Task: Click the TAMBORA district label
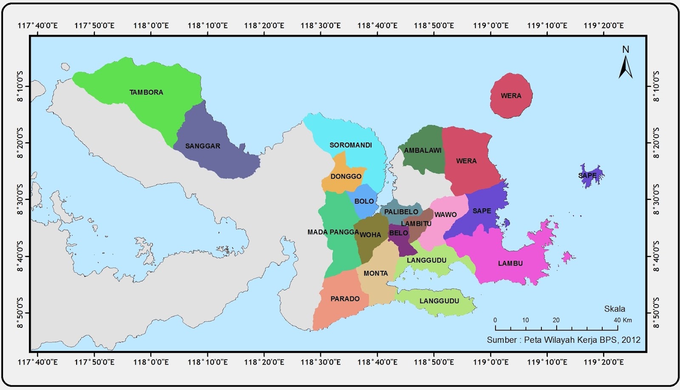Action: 146,92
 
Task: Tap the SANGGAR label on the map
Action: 203,146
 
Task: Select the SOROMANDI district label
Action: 351,145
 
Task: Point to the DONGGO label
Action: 346,176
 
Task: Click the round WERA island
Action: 511,96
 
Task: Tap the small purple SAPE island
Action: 589,176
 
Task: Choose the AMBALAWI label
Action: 422,151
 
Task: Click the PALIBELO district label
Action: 401,212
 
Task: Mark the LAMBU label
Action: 510,263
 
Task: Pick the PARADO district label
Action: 345,299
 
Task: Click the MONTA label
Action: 376,273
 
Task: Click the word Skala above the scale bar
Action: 615,309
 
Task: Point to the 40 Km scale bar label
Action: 622,320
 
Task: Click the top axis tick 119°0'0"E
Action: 491,25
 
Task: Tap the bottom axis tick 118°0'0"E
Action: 151,362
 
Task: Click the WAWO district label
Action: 445,215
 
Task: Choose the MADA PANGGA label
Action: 333,232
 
